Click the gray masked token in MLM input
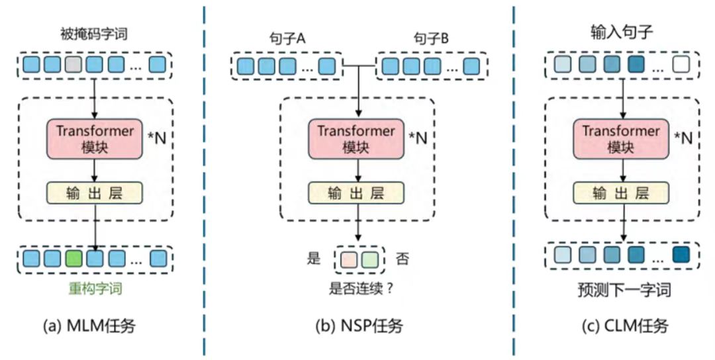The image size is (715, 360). click(x=74, y=66)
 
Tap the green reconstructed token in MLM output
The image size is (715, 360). click(x=74, y=258)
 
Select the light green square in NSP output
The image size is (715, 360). click(x=369, y=259)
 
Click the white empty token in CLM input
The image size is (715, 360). click(x=680, y=66)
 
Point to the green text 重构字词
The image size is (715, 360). click(x=95, y=289)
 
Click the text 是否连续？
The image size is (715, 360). click(x=358, y=289)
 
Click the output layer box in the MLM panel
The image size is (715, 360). click(x=95, y=193)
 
